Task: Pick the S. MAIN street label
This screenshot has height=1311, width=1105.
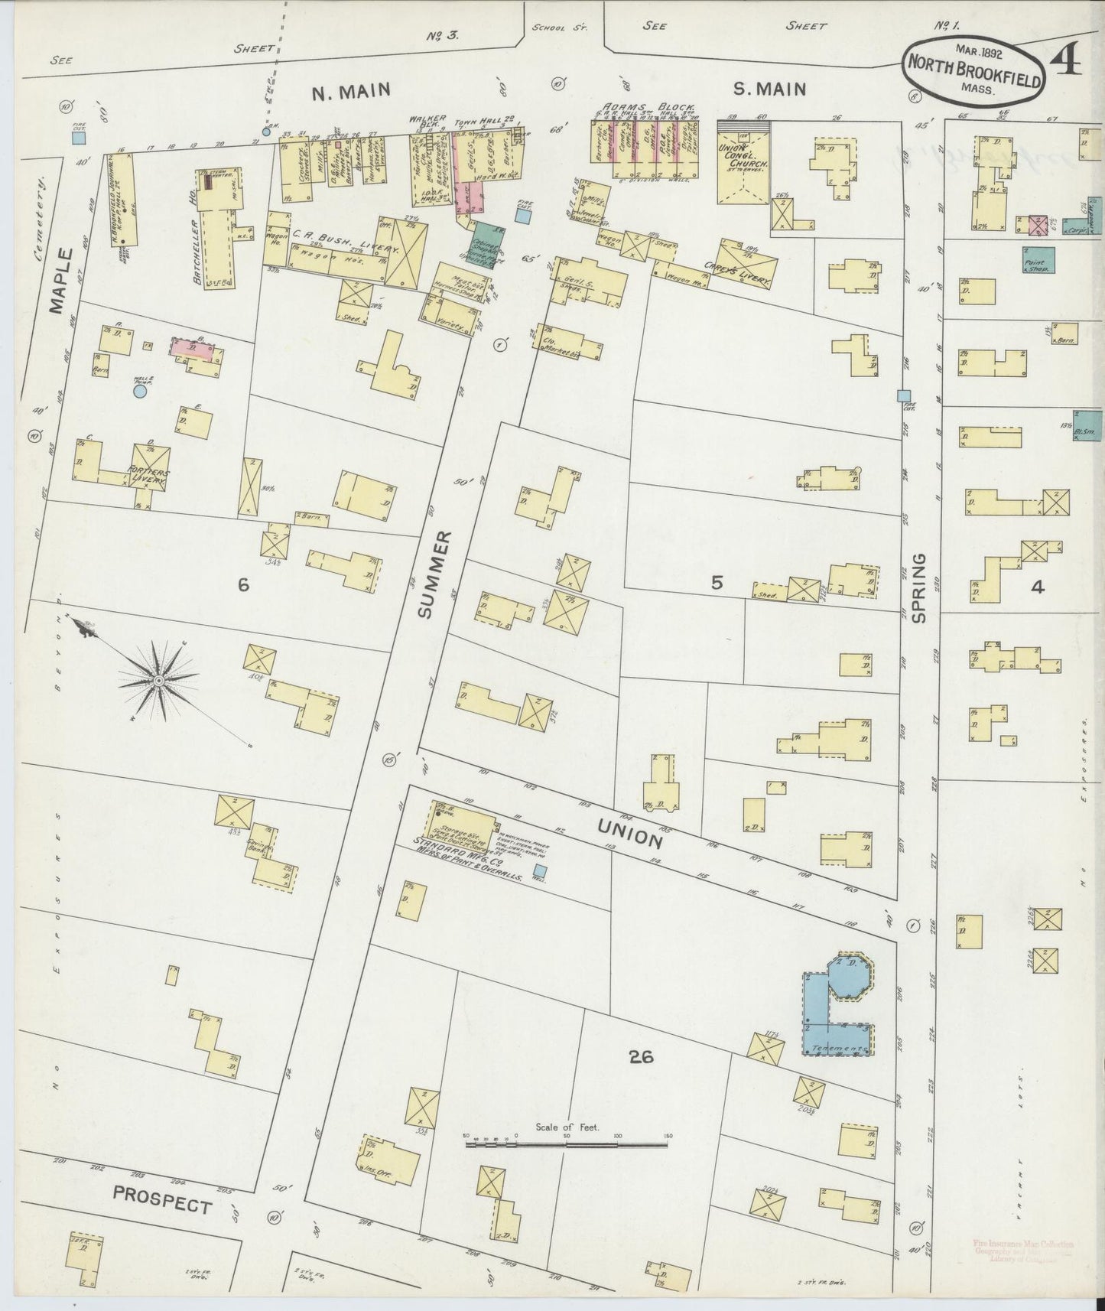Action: pyautogui.click(x=769, y=89)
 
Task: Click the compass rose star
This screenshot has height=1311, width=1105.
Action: pyautogui.click(x=158, y=680)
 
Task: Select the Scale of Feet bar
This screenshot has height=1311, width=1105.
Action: pyautogui.click(x=567, y=1144)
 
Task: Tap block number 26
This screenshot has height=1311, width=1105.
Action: pyautogui.click(x=641, y=1057)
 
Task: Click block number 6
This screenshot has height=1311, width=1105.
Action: pyautogui.click(x=242, y=585)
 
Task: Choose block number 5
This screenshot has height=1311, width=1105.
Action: pyautogui.click(x=716, y=583)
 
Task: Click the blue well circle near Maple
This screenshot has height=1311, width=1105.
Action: pyautogui.click(x=140, y=391)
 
